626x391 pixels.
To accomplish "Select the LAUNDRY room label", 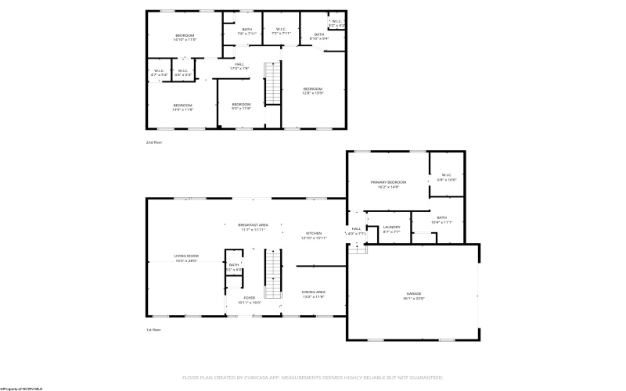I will (x=391, y=228).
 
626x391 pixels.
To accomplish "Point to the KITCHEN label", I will (x=313, y=233).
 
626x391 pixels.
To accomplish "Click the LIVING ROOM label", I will (x=186, y=256).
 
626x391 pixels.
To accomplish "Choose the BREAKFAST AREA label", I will (x=253, y=224).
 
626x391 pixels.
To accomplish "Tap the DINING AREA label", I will (x=314, y=292).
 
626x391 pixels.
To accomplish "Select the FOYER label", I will (x=249, y=297).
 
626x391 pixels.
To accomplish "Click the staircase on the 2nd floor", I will (x=272, y=84).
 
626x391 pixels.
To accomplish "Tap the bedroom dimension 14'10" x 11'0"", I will (x=185, y=39).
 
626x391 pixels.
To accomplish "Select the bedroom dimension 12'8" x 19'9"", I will (x=313, y=93).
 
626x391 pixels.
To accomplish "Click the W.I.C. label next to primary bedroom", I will (x=447, y=174).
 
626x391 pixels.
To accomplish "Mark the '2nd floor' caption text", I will (x=154, y=142).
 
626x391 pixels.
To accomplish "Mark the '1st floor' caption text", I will (x=154, y=329).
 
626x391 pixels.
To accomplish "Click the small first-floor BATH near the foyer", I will (x=234, y=265).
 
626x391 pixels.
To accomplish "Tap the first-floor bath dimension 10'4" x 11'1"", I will (x=442, y=222).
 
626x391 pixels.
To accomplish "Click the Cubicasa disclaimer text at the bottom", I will (x=313, y=377).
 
